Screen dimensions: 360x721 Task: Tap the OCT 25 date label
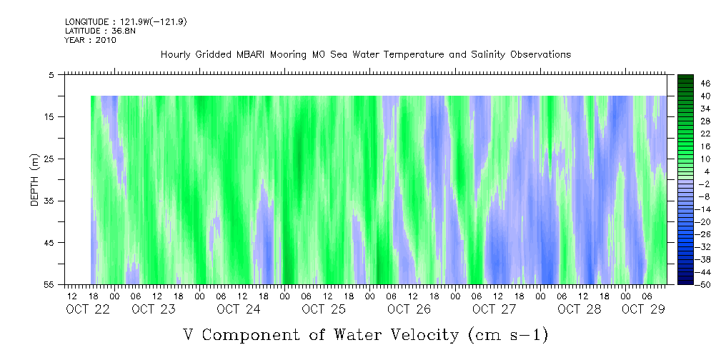(324, 309)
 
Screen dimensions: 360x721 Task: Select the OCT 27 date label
(494, 309)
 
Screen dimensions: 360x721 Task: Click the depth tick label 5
(51, 74)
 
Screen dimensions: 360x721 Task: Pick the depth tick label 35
(50, 201)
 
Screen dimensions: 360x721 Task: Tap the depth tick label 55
(50, 285)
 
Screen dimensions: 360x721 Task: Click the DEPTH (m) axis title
(34, 183)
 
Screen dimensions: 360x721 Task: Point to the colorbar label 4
(687, 171)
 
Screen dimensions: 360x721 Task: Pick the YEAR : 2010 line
(90, 40)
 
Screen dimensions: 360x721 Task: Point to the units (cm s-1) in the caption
(508, 334)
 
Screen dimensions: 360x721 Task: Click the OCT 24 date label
(239, 309)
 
